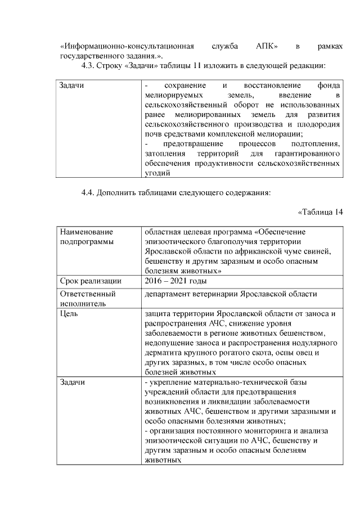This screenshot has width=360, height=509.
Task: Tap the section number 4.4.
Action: pyautogui.click(x=90, y=193)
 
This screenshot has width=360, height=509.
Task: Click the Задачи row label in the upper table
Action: pyautogui.click(x=72, y=85)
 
